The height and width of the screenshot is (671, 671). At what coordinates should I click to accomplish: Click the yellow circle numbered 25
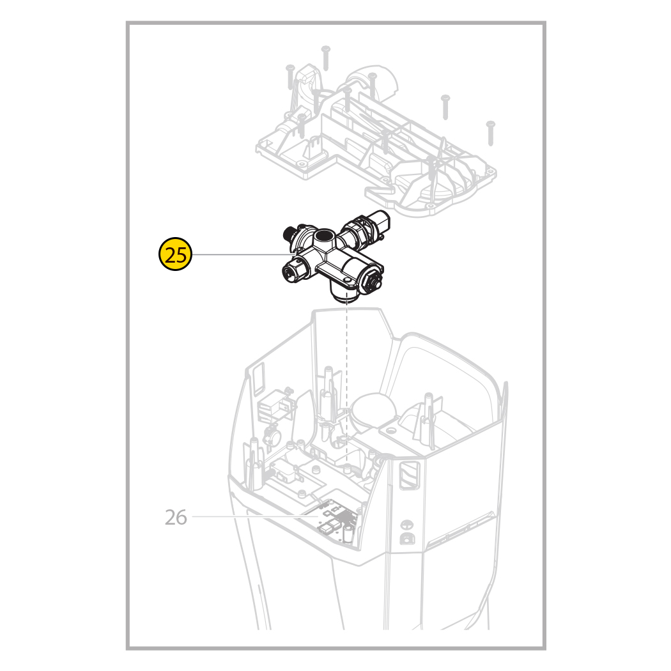pyautogui.click(x=176, y=254)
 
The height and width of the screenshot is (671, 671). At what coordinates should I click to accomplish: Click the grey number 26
pyautogui.click(x=176, y=518)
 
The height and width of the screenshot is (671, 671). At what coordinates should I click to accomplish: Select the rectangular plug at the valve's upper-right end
pyautogui.click(x=381, y=220)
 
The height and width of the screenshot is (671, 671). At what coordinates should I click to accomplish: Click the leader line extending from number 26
pyautogui.click(x=255, y=516)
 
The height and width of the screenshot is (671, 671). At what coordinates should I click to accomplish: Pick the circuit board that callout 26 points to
pyautogui.click(x=337, y=522)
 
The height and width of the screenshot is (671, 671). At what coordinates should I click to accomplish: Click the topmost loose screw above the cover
pyautogui.click(x=326, y=58)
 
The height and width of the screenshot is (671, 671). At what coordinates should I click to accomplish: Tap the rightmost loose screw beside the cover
pyautogui.click(x=490, y=133)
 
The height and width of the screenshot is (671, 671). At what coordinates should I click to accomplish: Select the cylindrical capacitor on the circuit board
pyautogui.click(x=348, y=535)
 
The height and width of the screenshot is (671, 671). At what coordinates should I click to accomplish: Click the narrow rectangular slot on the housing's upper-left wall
pyautogui.click(x=259, y=378)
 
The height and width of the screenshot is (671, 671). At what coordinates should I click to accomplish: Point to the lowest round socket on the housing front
pyautogui.click(x=406, y=538)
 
